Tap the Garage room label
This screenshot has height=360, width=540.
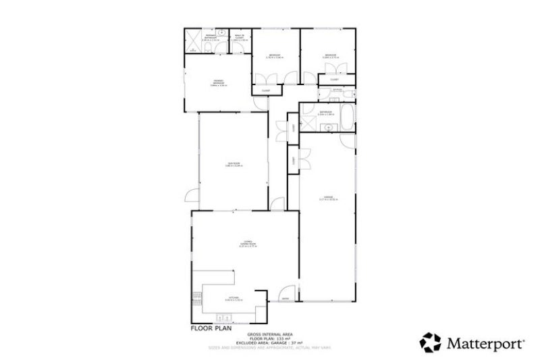pyautogui.click(x=327, y=198)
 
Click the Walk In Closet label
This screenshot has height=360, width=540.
pyautogui.click(x=240, y=39)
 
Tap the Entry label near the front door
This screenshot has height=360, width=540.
pyautogui.click(x=286, y=299)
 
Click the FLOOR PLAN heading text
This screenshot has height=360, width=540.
pyautogui.click(x=212, y=328)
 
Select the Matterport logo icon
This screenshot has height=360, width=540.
pyautogui.click(x=431, y=342)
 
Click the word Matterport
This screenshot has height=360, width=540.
pyautogui.click(x=485, y=343)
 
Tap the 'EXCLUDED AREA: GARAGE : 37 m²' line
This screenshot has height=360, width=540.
pyautogui.click(x=272, y=342)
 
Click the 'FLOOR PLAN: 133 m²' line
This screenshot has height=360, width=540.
pyautogui.click(x=272, y=338)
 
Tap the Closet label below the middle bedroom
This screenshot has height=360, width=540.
pyautogui.click(x=265, y=91)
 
